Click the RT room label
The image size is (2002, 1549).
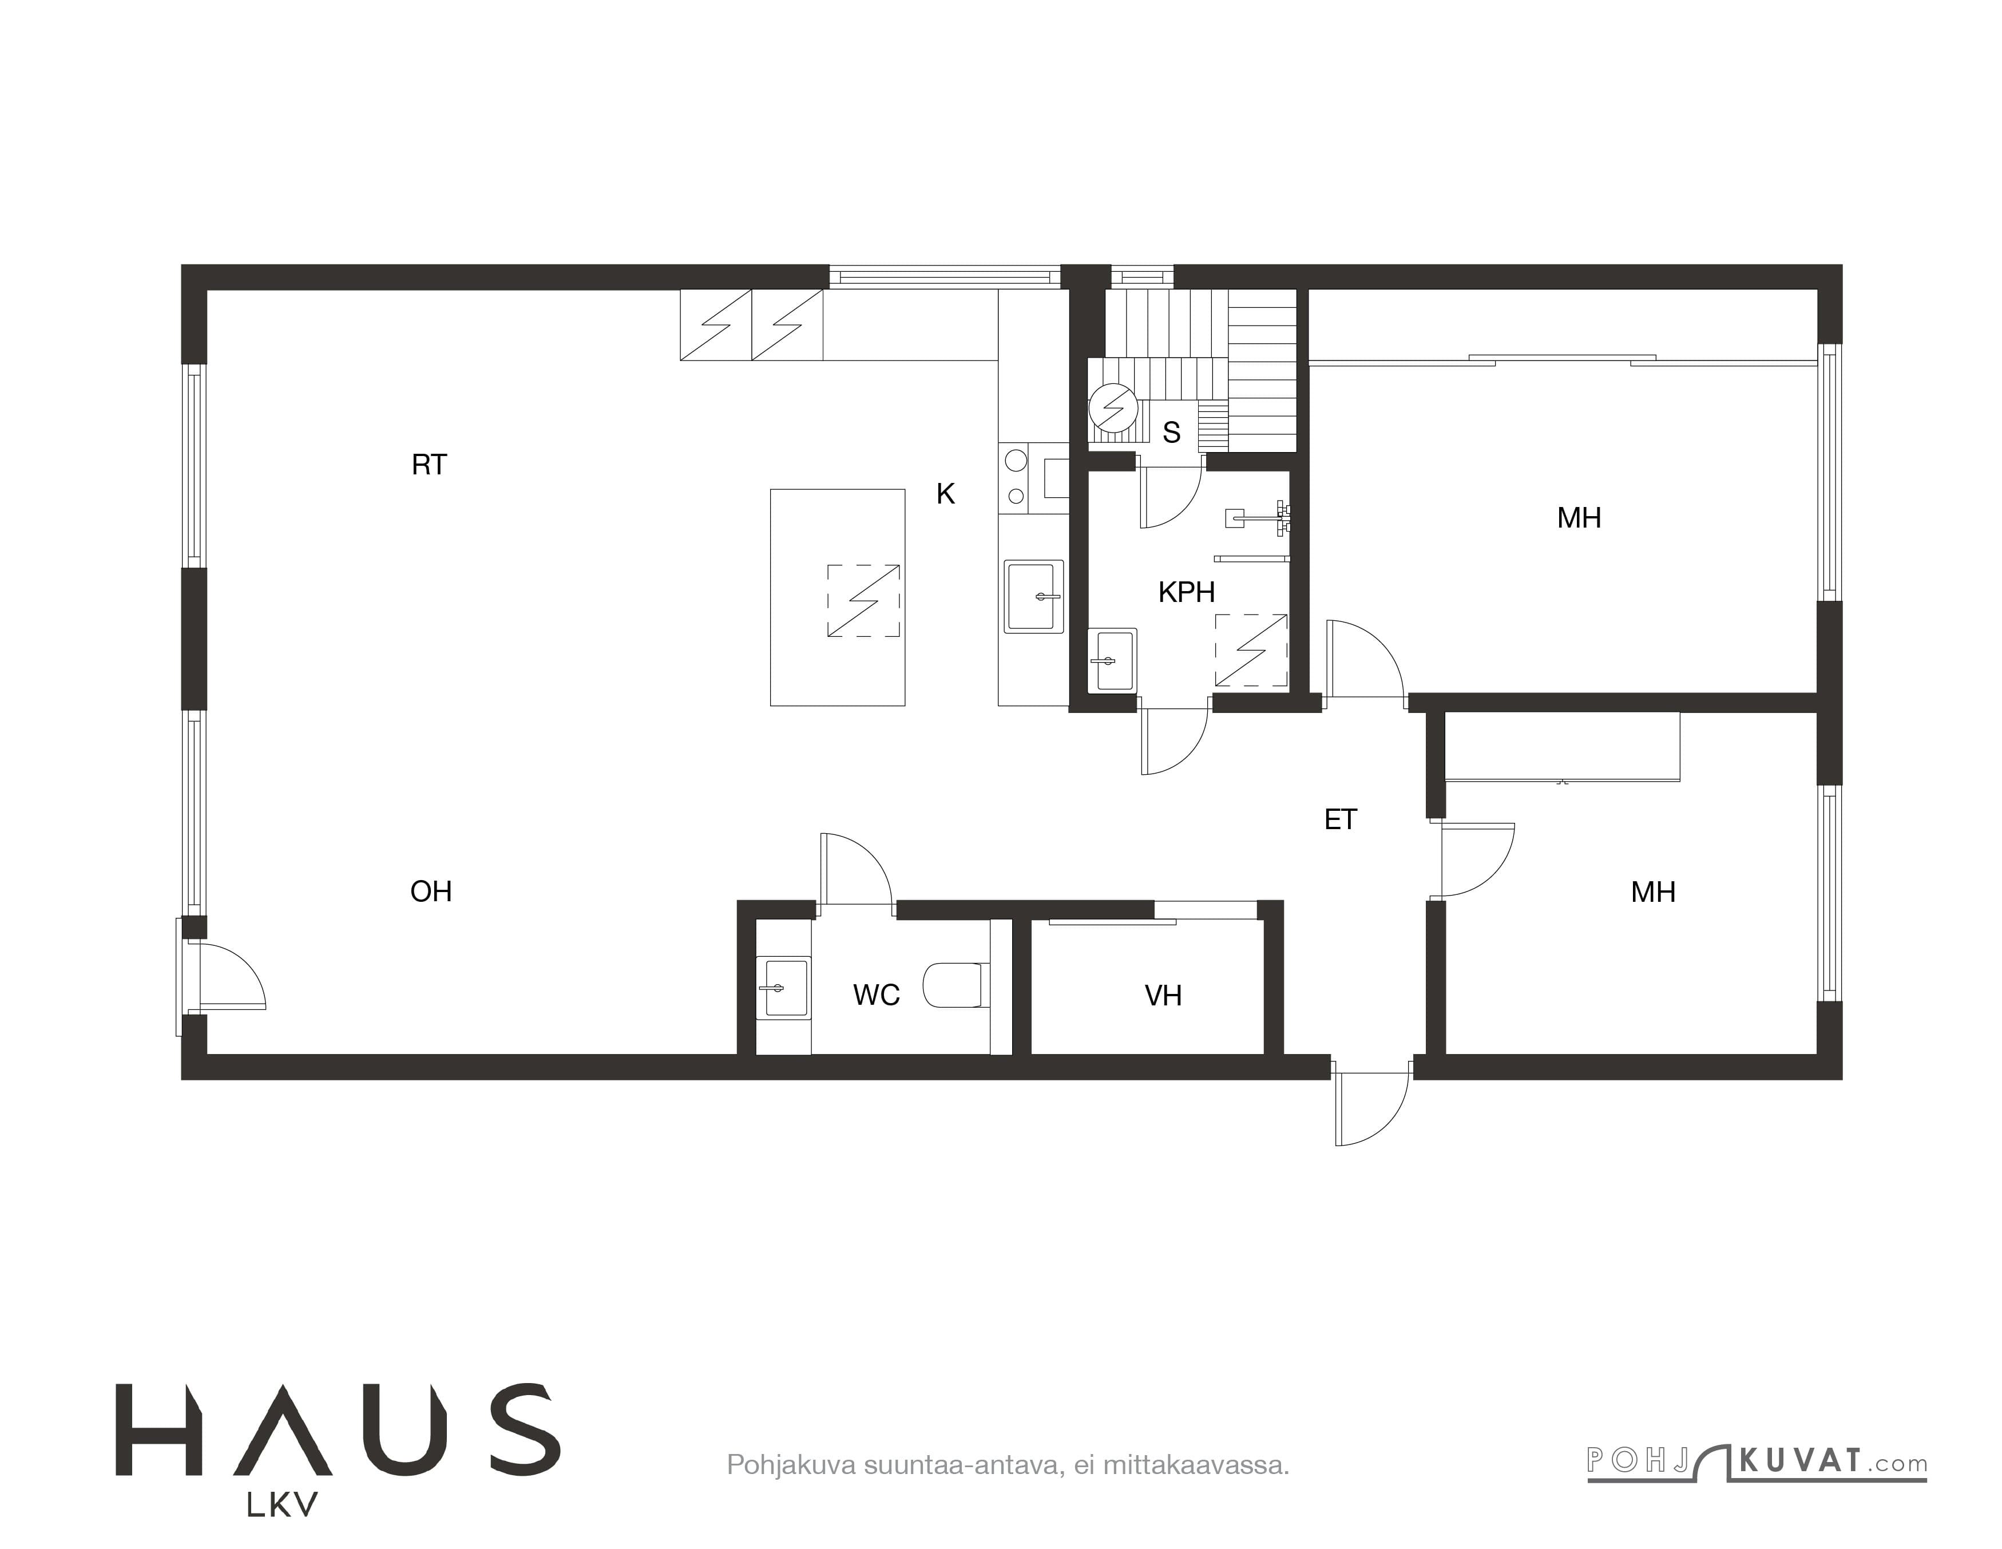[x=429, y=465]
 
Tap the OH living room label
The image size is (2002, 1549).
[x=431, y=891]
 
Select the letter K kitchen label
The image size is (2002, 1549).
[x=946, y=494]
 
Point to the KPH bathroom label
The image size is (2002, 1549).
[x=1186, y=592]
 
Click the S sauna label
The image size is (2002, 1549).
[x=1171, y=433]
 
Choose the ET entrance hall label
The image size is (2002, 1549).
[x=1340, y=819]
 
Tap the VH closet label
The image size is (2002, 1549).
[x=1163, y=996]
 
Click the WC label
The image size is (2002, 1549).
[x=877, y=995]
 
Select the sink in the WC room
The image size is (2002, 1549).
[x=784, y=988]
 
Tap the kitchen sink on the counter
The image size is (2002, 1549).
[x=1034, y=597]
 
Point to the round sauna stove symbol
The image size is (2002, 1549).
[x=1113, y=407]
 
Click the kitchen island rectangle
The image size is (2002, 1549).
[x=838, y=597]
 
